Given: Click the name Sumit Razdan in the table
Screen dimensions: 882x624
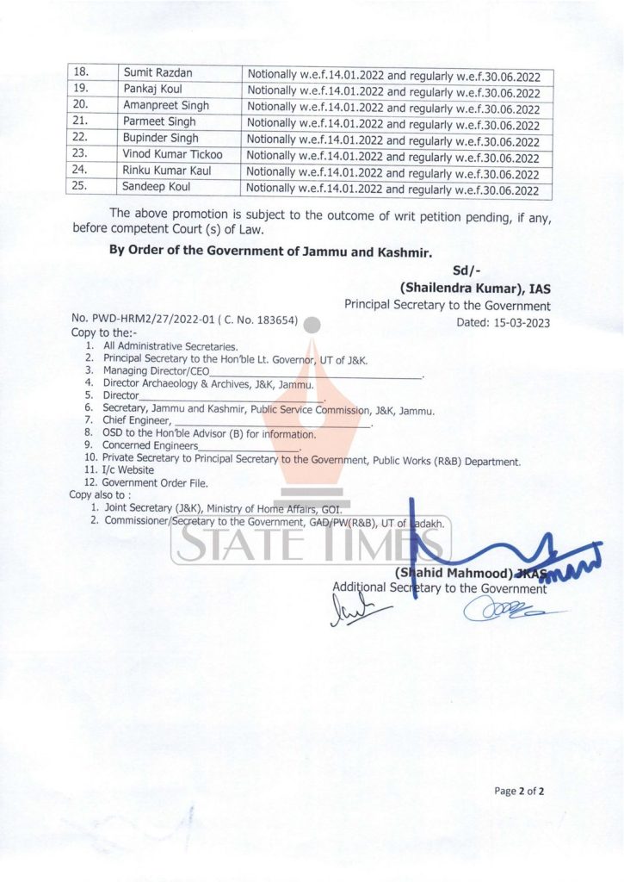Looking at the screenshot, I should pyautogui.click(x=158, y=74).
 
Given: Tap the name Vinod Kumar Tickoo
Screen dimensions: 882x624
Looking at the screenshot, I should pyautogui.click(x=173, y=154).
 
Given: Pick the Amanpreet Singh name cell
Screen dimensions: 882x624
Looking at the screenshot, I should pyautogui.click(x=167, y=106).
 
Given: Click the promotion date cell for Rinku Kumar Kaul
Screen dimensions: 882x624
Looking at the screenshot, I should pyautogui.click(x=393, y=174).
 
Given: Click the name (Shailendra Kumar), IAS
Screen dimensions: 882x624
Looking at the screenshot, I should pyautogui.click(x=474, y=289).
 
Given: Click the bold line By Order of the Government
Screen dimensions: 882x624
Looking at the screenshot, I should pyautogui.click(x=269, y=251).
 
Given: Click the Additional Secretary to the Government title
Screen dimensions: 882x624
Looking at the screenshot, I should pyautogui.click(x=439, y=588).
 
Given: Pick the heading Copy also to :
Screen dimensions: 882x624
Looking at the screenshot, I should pyautogui.click(x=100, y=495).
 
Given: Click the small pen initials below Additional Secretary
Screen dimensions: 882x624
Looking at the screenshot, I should pyautogui.click(x=356, y=611).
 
